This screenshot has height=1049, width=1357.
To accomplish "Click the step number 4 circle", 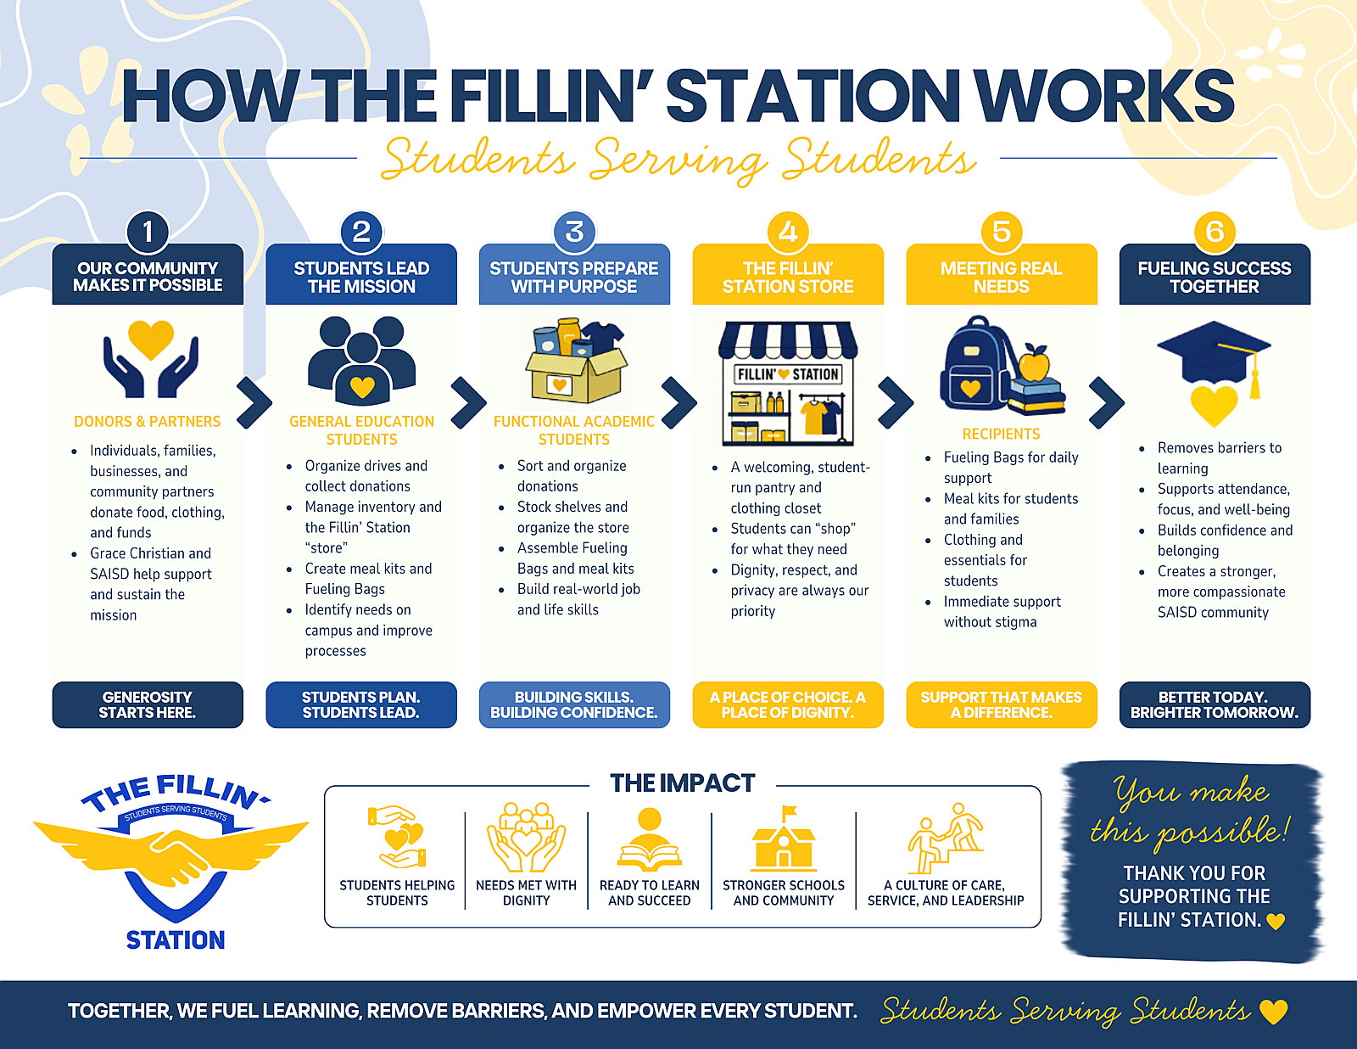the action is (787, 232).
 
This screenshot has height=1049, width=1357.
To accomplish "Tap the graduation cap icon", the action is (1214, 356).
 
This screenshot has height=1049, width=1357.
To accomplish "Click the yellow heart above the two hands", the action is (150, 339).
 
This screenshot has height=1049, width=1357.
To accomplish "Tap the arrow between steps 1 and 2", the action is (254, 402).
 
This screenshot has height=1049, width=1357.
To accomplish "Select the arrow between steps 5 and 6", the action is (1106, 402).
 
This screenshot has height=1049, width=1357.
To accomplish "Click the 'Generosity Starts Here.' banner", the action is (148, 704).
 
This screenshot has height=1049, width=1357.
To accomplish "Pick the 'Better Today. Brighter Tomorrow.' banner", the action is (1214, 704).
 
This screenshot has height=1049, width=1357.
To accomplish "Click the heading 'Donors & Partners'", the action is (148, 421).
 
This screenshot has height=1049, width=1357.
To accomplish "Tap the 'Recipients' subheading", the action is (1001, 434).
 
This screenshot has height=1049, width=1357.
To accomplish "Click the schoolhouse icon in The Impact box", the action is (783, 839).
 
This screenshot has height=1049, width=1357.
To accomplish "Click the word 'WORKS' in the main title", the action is (1104, 96).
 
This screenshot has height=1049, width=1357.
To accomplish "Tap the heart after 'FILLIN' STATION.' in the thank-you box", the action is (1276, 922).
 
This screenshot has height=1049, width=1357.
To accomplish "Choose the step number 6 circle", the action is (1214, 232).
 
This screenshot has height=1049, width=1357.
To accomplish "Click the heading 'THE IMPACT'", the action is (683, 783).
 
